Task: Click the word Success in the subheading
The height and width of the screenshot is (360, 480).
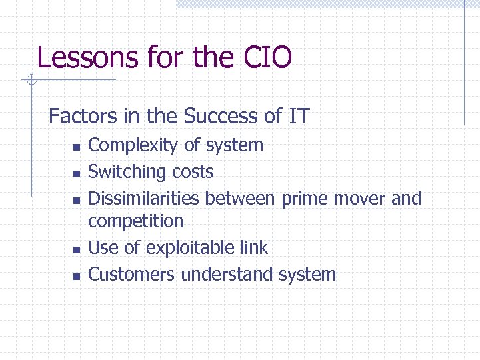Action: (x=221, y=117)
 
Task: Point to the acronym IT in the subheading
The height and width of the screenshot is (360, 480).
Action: (x=299, y=117)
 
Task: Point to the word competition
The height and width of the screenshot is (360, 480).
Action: (x=135, y=221)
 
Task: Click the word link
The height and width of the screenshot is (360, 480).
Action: (x=254, y=248)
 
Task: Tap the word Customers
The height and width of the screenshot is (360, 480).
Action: (x=131, y=275)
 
